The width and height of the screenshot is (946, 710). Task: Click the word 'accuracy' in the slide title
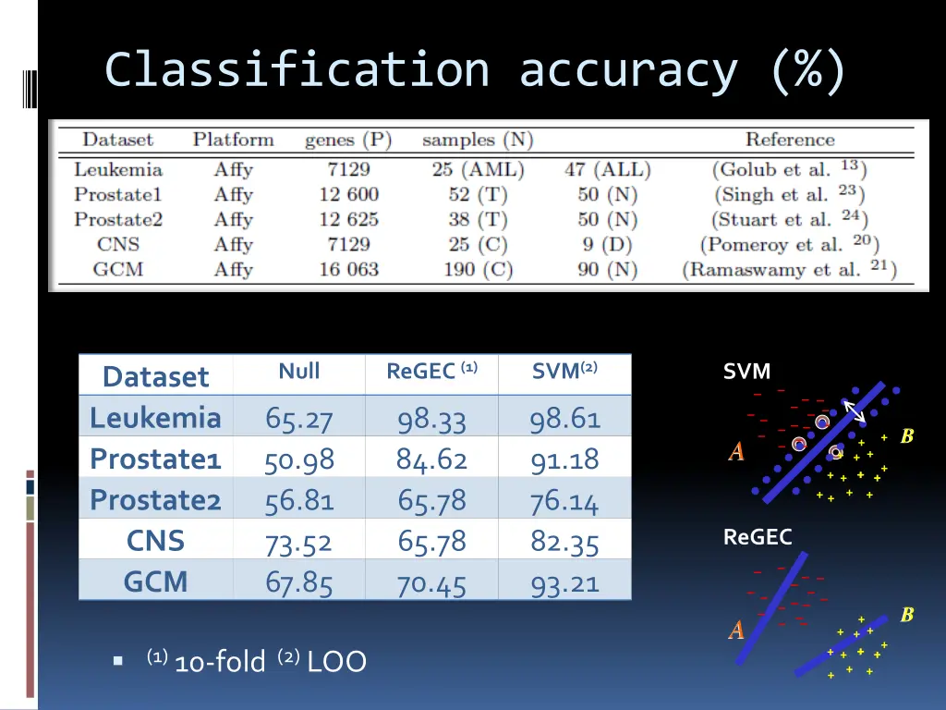coord(628,70)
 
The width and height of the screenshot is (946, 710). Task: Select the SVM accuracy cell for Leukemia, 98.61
coord(564,419)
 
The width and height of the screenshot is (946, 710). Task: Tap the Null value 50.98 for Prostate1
coord(299,459)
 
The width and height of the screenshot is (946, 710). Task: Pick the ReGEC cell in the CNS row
coord(431,541)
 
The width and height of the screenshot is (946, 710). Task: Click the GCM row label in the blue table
coord(155,581)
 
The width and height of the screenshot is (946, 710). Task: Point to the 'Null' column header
coord(299,372)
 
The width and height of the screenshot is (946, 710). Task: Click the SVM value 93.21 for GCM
coord(564,583)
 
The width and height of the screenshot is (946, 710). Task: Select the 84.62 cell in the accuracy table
coord(431,459)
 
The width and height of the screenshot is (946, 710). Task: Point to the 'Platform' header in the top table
coord(233,141)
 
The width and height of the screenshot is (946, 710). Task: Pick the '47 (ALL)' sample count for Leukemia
coord(607,170)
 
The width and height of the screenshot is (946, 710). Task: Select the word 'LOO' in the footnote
coord(336,662)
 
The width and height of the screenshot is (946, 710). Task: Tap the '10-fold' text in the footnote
coord(219,662)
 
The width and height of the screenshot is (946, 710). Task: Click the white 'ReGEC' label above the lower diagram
coord(758,537)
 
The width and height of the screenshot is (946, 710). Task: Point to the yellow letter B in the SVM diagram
coord(907,435)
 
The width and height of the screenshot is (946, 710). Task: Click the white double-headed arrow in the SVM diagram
coord(855,411)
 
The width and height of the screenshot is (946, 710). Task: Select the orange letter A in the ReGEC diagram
coord(736,630)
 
